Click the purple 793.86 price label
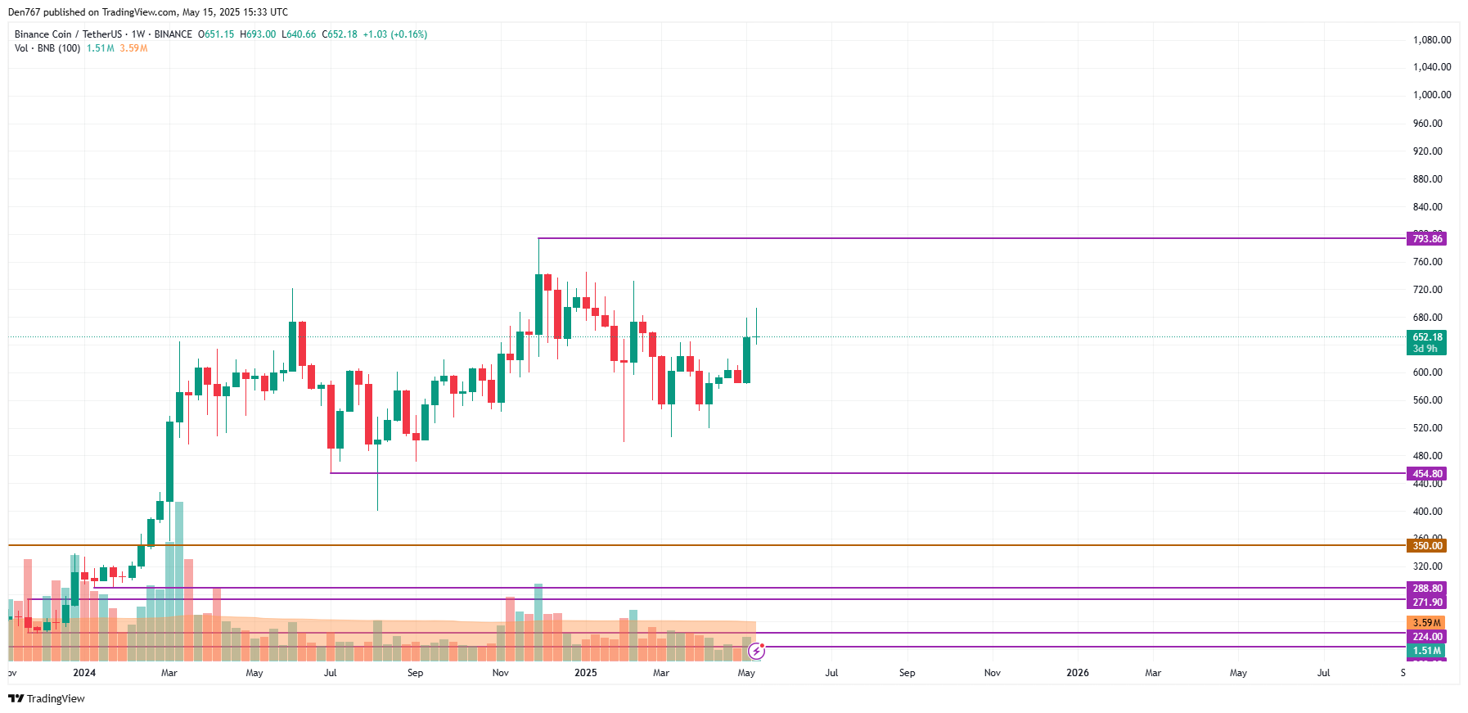click(1426, 239)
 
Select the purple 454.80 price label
click(1426, 474)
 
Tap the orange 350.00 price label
click(1426, 546)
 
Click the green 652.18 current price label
click(1426, 337)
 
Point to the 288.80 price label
click(1426, 589)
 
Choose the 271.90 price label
click(1426, 602)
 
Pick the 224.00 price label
click(1426, 637)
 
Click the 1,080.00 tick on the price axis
click(1431, 40)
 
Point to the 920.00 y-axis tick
click(1427, 151)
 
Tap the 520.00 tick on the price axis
click(1427, 428)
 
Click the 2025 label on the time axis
click(586, 673)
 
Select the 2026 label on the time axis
click(1078, 673)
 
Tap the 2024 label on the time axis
click(84, 673)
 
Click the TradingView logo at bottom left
click(47, 698)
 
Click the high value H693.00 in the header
click(258, 34)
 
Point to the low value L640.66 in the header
click(299, 34)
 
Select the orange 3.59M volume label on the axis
click(1426, 623)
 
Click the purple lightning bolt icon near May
click(756, 652)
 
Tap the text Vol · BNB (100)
click(47, 48)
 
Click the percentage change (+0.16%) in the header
click(408, 34)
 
